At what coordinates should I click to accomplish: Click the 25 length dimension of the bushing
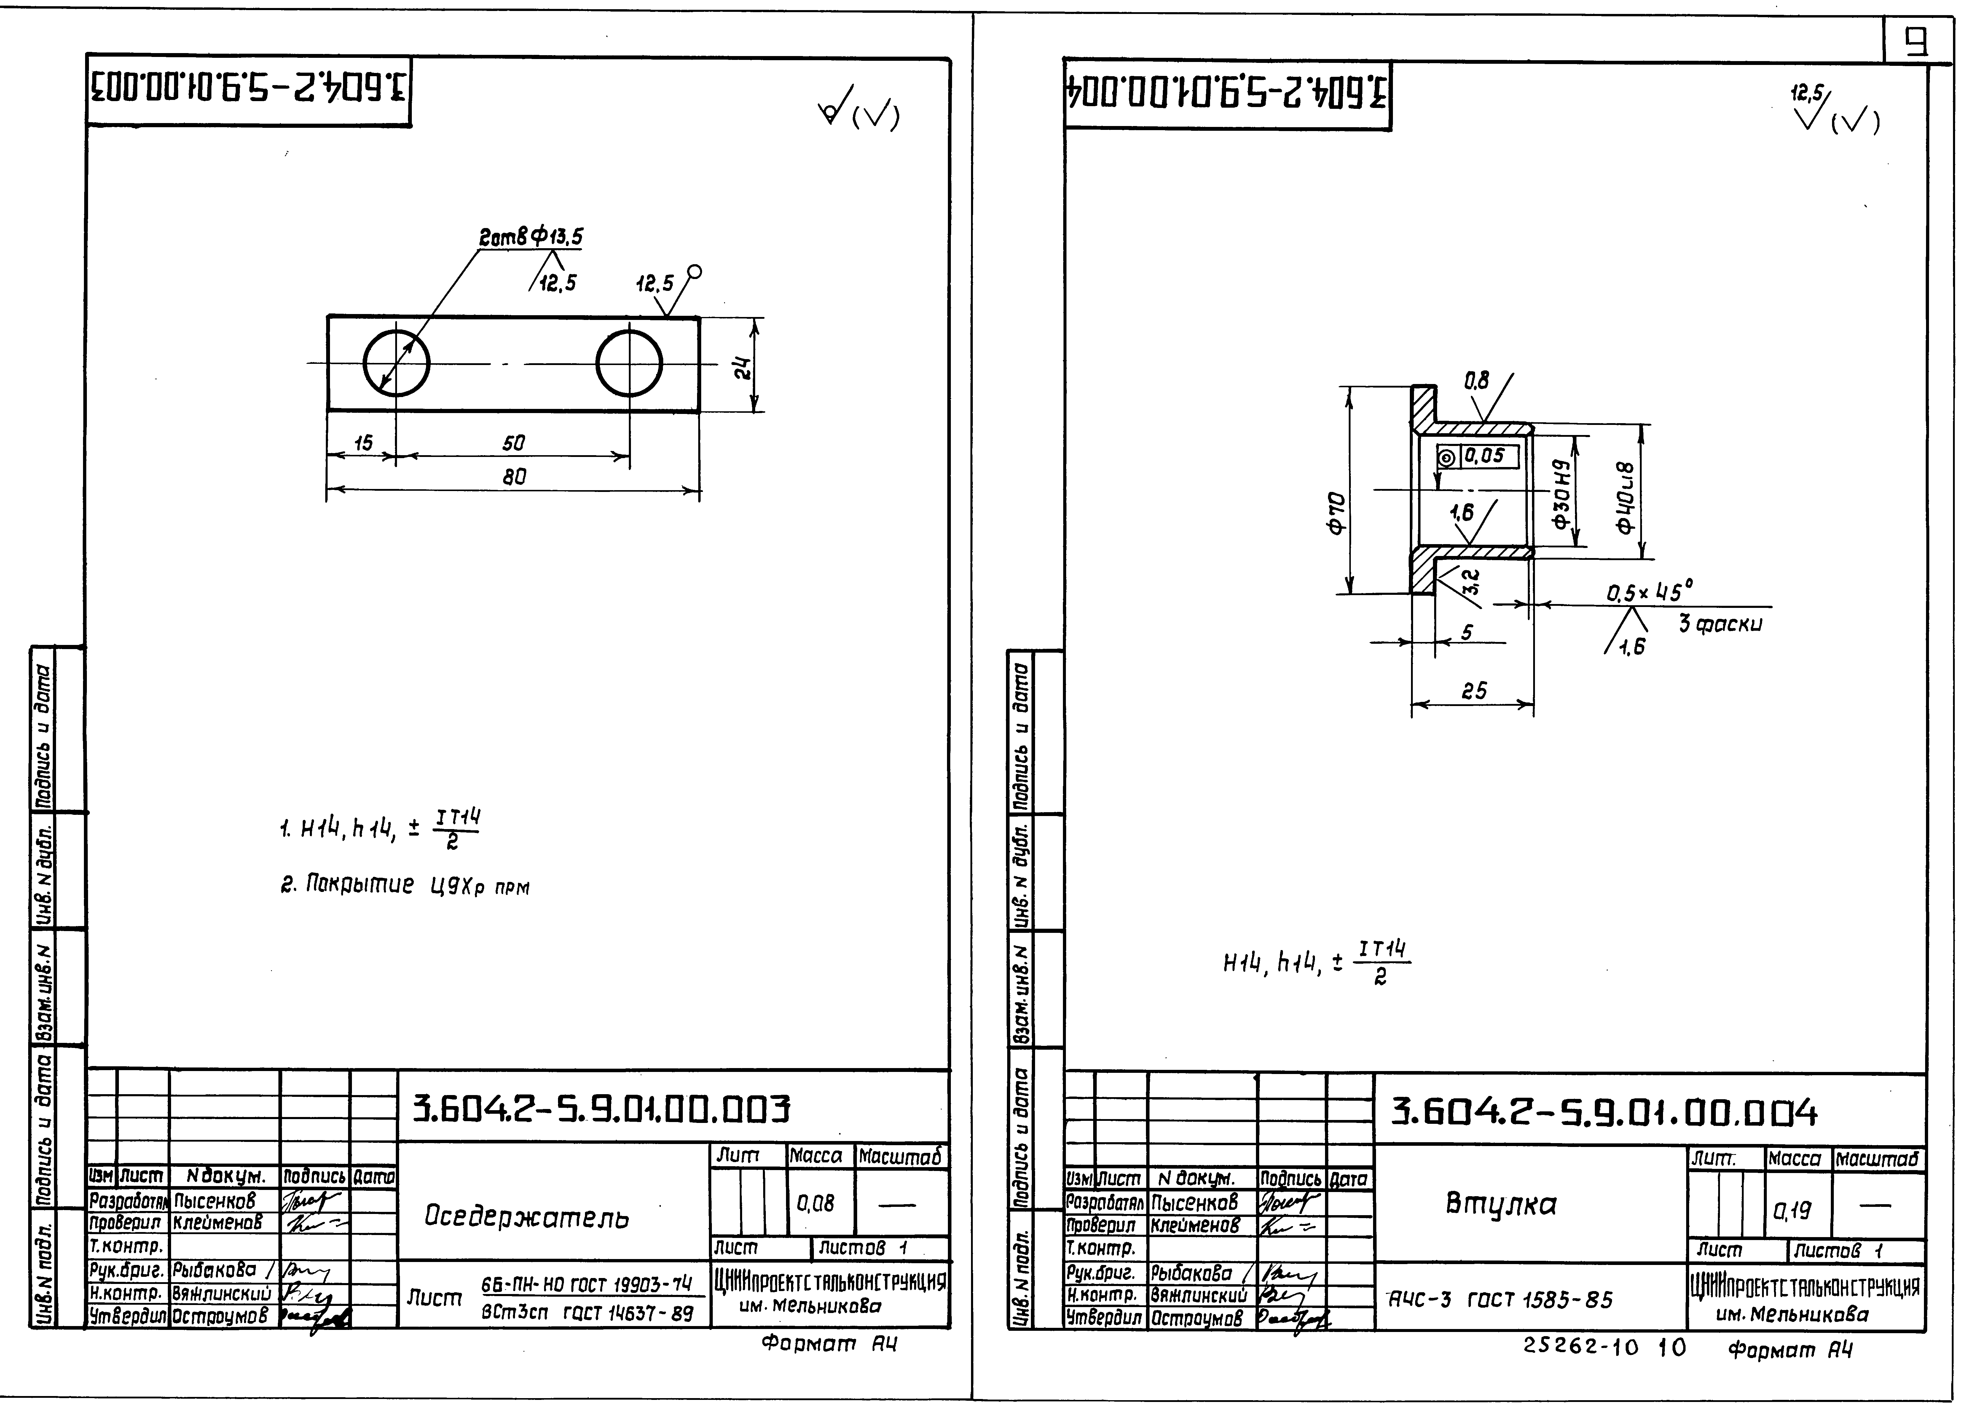click(x=1473, y=691)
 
